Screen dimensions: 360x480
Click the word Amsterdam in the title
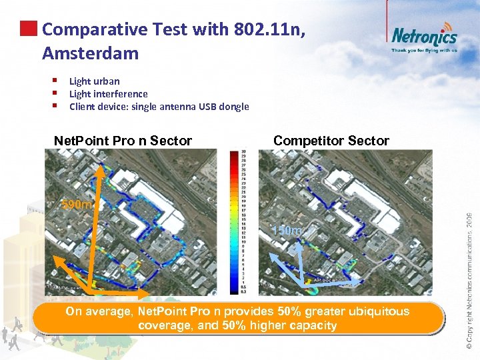tap(90, 52)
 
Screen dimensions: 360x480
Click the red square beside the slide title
tap(28, 29)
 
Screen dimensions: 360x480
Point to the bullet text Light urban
tap(95, 81)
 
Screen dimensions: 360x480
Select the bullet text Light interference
tap(109, 94)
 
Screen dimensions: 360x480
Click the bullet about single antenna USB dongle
tap(159, 107)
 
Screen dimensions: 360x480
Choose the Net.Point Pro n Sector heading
tap(123, 141)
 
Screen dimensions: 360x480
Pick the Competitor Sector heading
tap(331, 141)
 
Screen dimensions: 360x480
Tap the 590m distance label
tap(77, 205)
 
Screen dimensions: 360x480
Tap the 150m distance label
tap(287, 231)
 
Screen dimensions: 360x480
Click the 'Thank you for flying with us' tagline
tap(424, 50)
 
